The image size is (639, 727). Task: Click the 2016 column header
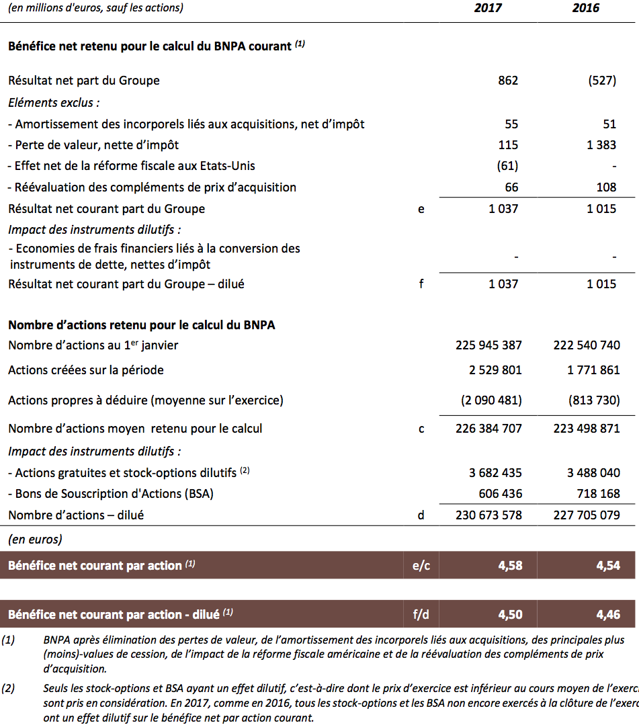click(586, 9)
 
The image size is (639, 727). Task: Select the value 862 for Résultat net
click(508, 81)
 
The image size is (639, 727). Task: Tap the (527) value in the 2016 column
click(602, 81)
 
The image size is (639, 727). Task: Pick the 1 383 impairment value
click(601, 144)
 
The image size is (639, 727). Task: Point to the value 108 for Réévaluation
click(606, 187)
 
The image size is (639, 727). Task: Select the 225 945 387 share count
click(488, 345)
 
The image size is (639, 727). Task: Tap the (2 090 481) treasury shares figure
click(491, 400)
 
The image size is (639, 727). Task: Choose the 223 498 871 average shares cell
click(587, 429)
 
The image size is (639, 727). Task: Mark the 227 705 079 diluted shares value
click(587, 515)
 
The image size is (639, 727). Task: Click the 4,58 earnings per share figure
click(510, 566)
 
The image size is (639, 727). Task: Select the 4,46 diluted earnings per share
click(608, 614)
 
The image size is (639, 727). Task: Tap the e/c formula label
click(421, 566)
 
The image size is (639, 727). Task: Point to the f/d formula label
click(421, 614)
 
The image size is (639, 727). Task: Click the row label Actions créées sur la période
click(86, 370)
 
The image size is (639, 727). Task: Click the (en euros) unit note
click(35, 539)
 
